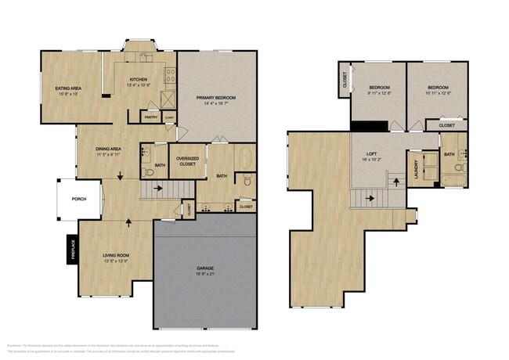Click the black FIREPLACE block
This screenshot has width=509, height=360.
click(71, 249)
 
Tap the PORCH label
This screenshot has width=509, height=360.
click(79, 199)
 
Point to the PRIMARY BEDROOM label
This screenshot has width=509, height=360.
click(216, 97)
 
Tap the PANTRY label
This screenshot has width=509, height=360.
click(150, 117)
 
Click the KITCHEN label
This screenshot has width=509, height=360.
click(139, 79)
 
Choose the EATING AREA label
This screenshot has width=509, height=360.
click(69, 88)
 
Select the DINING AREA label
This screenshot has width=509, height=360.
click(107, 149)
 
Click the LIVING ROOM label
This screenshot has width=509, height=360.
click(114, 255)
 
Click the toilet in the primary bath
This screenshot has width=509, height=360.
click(247, 180)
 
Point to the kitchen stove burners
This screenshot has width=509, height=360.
click(168, 75)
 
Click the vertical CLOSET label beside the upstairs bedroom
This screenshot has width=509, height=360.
click(345, 80)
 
